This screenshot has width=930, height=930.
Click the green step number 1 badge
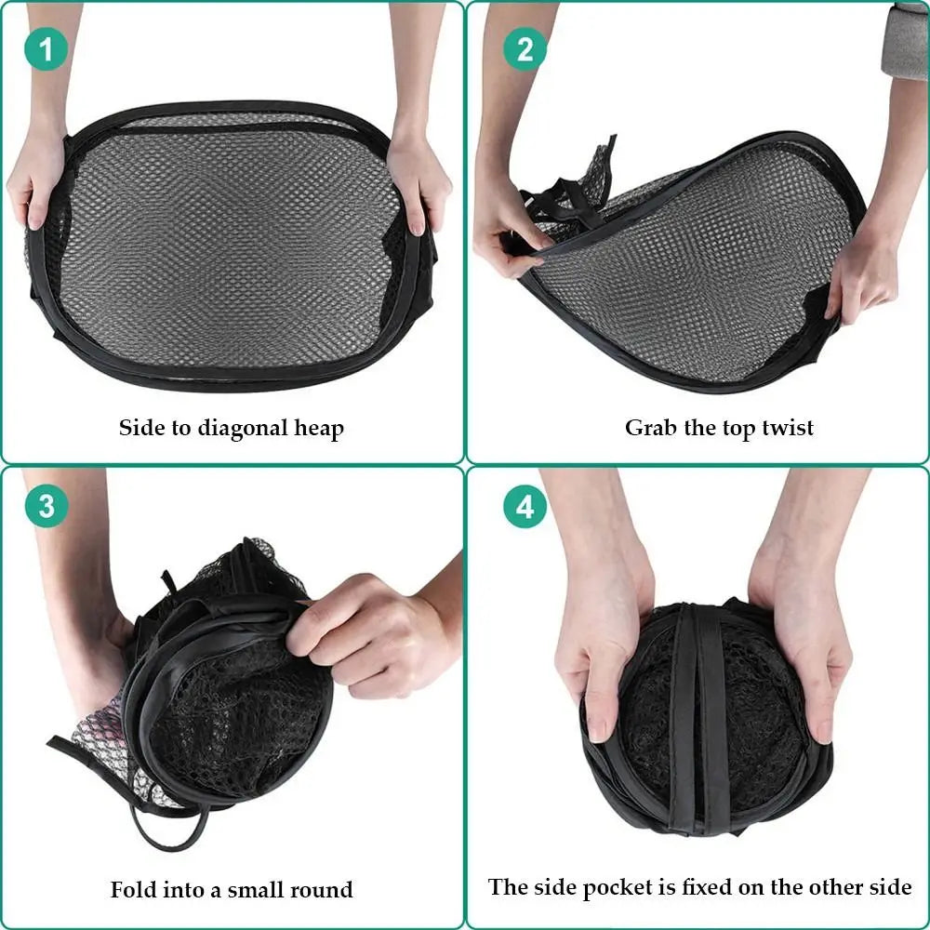[x=46, y=48]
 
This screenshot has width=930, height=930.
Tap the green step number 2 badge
[x=525, y=48]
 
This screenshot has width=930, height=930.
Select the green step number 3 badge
[x=46, y=508]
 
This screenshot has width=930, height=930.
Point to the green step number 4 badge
[x=525, y=508]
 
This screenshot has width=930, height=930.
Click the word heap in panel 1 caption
[x=319, y=429]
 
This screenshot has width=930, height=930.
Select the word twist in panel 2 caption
[x=787, y=428]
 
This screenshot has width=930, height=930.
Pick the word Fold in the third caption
[x=131, y=889]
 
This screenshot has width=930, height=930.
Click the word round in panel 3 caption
[x=322, y=889]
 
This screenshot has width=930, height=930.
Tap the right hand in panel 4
[x=804, y=632]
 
